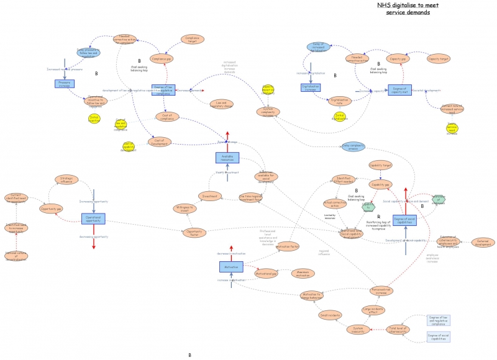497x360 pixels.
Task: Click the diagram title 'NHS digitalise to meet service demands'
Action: pyautogui.click(x=403, y=8)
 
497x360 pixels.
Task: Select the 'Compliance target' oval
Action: pyautogui.click(x=192, y=39)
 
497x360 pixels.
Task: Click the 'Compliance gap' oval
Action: pyautogui.click(x=160, y=59)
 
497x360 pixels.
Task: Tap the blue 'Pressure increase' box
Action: pyautogui.click(x=65, y=83)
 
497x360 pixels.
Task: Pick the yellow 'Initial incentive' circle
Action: pyautogui.click(x=94, y=118)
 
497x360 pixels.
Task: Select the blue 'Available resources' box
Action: pyautogui.click(x=227, y=158)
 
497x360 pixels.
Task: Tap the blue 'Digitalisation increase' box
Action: pyautogui.click(x=311, y=88)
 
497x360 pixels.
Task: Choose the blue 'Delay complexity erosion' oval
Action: pyautogui.click(x=353, y=146)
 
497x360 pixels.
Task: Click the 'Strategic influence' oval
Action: pyautogui.click(x=66, y=179)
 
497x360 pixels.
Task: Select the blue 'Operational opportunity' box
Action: pyautogui.click(x=93, y=218)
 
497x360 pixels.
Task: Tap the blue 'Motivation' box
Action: pyautogui.click(x=230, y=266)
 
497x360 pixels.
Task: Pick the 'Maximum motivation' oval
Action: pyautogui.click(x=303, y=273)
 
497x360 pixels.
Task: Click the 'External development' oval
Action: pyautogui.click(x=482, y=243)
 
